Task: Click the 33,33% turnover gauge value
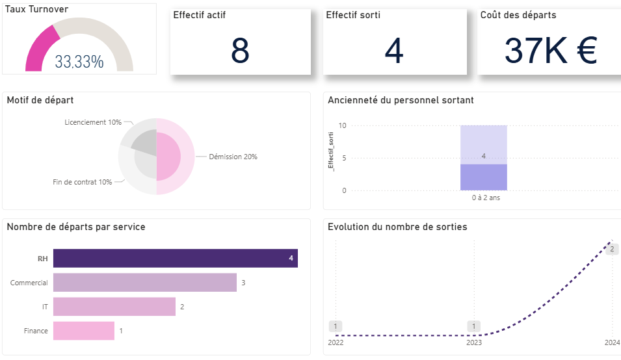click(79, 62)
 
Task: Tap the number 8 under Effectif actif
click(240, 51)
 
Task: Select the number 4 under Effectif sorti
click(394, 51)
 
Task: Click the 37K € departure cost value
click(550, 51)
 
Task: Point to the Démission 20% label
click(233, 157)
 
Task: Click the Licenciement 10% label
click(93, 122)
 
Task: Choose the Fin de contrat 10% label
click(83, 182)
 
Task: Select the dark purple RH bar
click(175, 259)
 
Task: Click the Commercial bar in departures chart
click(144, 283)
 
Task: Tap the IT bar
click(114, 307)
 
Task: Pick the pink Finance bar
click(83, 331)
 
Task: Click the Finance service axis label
click(36, 331)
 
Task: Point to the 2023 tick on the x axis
click(474, 342)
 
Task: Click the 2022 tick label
click(336, 342)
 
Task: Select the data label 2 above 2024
click(611, 248)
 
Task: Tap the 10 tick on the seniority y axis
click(342, 125)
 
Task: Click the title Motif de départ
click(40, 100)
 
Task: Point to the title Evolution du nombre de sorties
click(397, 227)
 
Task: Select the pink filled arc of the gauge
click(38, 52)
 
